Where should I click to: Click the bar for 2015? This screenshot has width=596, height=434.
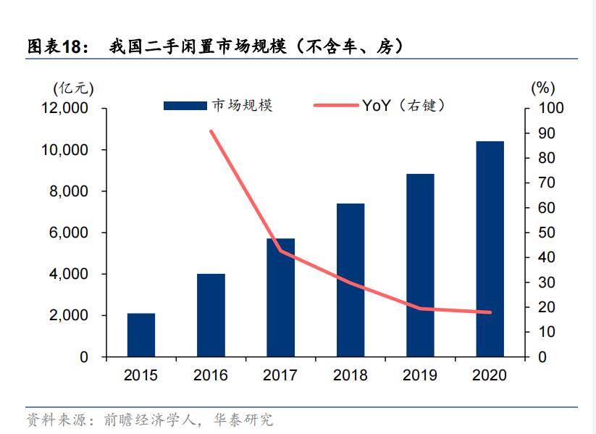point(141,335)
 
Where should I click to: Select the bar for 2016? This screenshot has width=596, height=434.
point(211,315)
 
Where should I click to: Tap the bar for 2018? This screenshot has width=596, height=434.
point(351,280)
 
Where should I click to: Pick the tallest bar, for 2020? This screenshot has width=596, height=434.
point(490,249)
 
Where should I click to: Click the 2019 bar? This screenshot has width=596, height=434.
point(420,265)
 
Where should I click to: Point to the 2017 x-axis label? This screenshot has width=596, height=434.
point(280,375)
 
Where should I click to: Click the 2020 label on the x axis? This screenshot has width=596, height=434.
point(490,375)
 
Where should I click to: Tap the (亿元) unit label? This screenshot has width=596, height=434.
point(73,88)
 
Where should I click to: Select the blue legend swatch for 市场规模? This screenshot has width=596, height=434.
point(185,106)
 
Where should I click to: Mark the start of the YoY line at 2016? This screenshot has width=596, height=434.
point(211,131)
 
